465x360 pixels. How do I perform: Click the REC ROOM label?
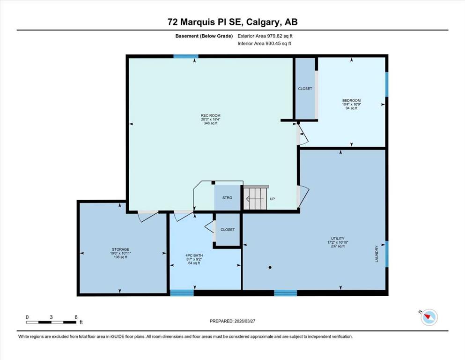(x=211, y=115)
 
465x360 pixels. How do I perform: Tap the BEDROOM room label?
(x=351, y=100)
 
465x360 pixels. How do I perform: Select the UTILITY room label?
(x=338, y=238)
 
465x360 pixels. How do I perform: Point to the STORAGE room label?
(x=120, y=249)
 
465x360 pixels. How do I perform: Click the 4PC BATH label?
(x=194, y=255)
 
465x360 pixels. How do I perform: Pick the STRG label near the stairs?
(x=228, y=198)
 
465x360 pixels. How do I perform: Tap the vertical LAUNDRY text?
(x=376, y=254)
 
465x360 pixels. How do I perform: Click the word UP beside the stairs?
(x=272, y=199)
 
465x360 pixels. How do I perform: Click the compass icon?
(x=429, y=317)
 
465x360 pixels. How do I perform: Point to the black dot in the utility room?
(x=270, y=267)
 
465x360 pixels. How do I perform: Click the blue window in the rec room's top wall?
(x=186, y=56)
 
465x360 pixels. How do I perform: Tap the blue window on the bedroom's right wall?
(x=386, y=84)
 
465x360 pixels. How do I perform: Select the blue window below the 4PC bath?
(x=182, y=293)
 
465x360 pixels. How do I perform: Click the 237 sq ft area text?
(x=338, y=246)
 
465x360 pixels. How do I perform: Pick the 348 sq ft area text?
(x=211, y=123)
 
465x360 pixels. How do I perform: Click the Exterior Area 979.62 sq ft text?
(x=265, y=36)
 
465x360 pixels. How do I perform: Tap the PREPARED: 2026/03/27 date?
(x=232, y=321)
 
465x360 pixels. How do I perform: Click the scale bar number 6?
(x=76, y=317)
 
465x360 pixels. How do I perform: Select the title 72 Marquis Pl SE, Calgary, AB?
(x=232, y=22)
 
